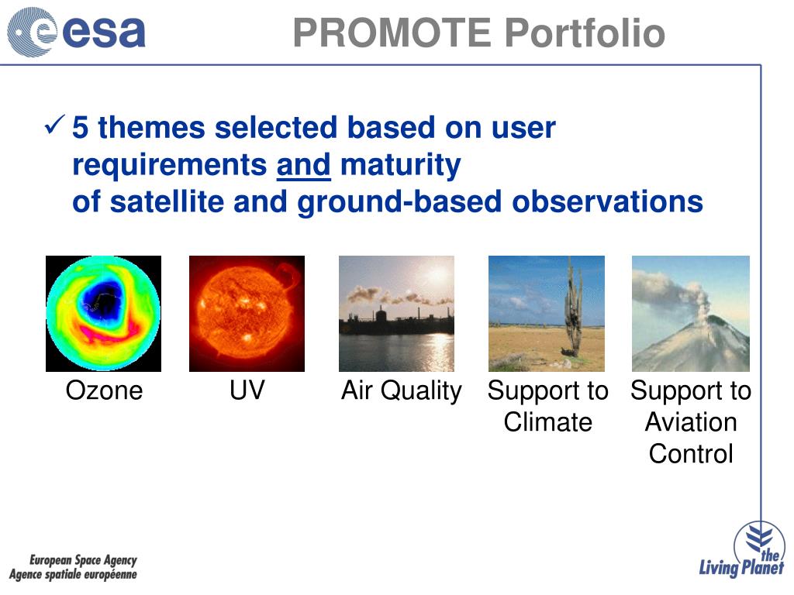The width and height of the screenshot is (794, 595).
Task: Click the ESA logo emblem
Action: (31, 31)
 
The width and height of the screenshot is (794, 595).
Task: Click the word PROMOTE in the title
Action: (392, 33)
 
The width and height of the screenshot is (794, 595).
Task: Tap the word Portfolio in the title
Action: (585, 33)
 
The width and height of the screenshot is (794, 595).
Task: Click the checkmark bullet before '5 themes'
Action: (55, 125)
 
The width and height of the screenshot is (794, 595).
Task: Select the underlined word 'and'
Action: (304, 165)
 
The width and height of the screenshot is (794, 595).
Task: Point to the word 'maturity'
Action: (401, 166)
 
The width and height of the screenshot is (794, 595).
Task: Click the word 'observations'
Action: (608, 201)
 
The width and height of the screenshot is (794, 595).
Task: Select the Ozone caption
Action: (105, 390)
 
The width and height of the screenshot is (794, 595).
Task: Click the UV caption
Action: (247, 390)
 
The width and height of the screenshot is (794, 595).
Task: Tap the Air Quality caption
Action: (402, 391)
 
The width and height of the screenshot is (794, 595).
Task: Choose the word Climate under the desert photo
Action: (548, 422)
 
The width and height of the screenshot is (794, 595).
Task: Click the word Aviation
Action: (691, 422)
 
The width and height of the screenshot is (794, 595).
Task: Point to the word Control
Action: (691, 453)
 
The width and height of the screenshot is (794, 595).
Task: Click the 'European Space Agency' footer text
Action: (83, 560)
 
